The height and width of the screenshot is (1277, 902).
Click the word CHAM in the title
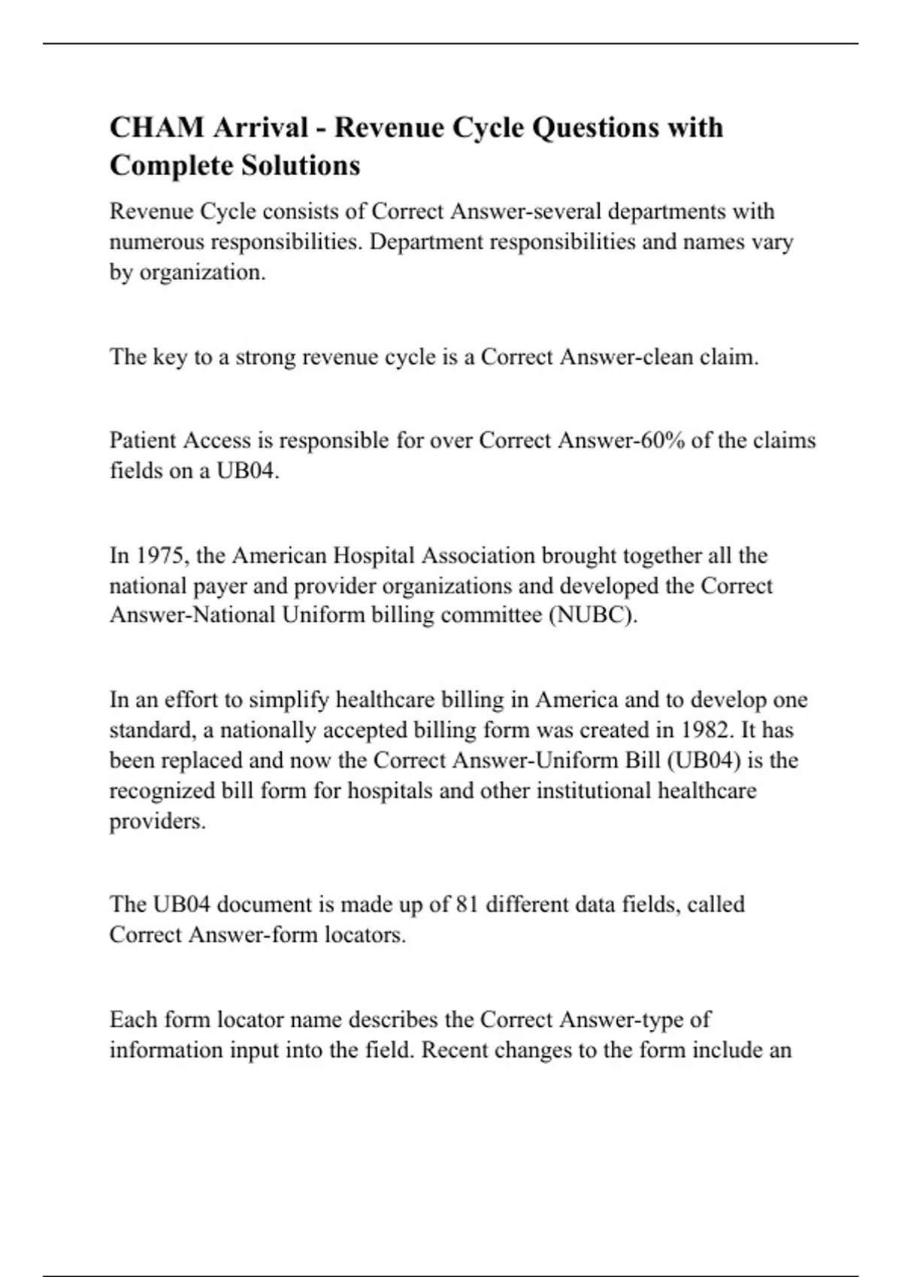(157, 128)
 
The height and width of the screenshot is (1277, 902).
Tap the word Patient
(144, 440)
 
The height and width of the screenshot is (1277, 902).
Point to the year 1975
(155, 556)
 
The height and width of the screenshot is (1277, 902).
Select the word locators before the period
(365, 935)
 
